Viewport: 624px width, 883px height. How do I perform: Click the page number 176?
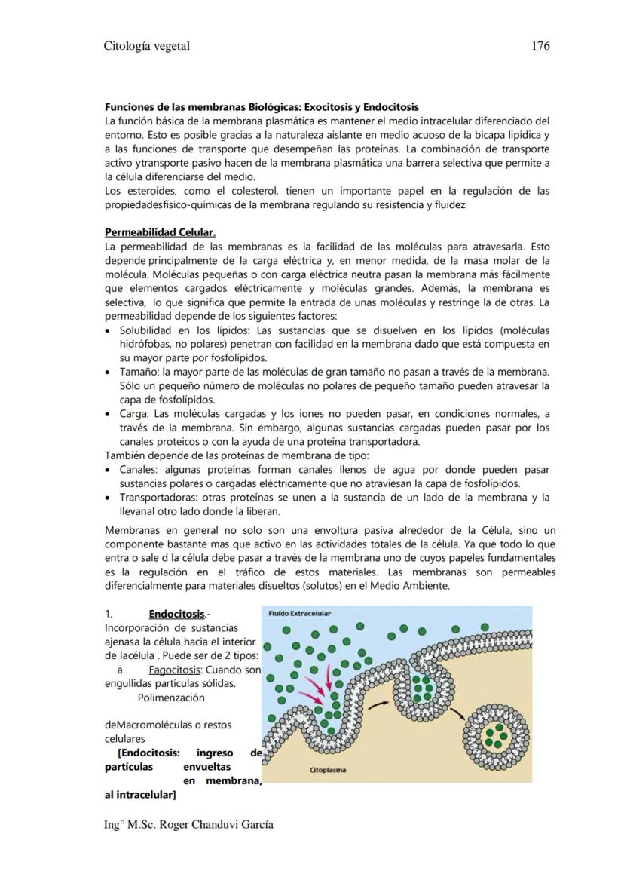(x=540, y=46)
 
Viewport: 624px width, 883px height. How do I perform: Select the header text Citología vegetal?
(x=146, y=46)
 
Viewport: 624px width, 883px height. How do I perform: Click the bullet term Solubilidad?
(x=146, y=330)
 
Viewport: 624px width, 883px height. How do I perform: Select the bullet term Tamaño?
(x=138, y=372)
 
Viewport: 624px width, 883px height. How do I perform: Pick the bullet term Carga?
(x=134, y=414)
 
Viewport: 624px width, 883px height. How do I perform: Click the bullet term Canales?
(x=138, y=470)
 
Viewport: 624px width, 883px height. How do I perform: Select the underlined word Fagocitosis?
(x=175, y=670)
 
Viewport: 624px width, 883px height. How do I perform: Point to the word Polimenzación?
(x=171, y=698)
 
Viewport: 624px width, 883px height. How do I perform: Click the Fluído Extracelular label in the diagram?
(x=300, y=614)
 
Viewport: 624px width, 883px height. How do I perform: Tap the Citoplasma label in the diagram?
(x=330, y=771)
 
